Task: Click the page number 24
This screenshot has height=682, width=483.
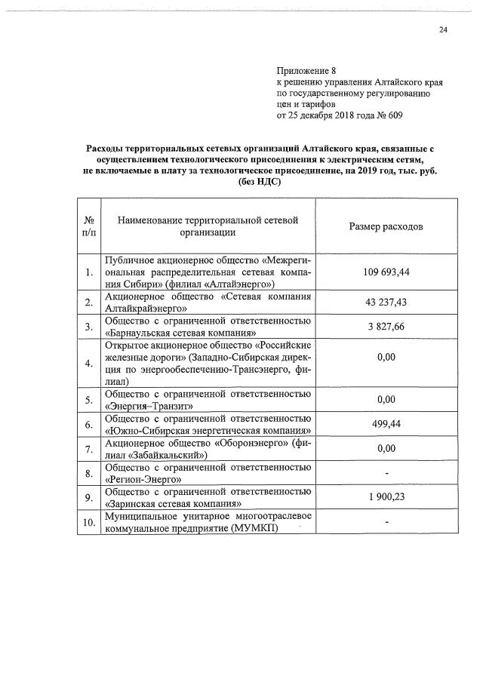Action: [443, 29]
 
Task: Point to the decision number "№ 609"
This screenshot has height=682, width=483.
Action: [388, 116]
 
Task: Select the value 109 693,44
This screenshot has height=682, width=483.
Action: [385, 272]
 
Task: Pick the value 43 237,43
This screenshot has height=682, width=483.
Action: [385, 302]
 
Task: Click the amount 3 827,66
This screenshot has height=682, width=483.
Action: [385, 326]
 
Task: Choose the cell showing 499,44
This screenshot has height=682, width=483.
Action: [385, 424]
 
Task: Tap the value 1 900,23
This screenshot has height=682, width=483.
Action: [385, 497]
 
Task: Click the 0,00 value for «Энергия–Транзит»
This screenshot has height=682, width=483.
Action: [385, 399]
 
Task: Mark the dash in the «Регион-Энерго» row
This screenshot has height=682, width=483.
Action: [386, 473]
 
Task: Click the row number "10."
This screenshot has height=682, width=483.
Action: [89, 522]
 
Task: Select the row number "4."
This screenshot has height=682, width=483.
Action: [89, 363]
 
